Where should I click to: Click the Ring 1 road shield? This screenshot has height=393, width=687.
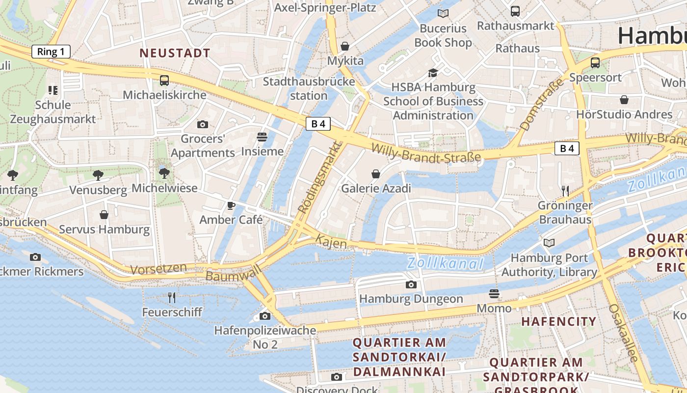51,52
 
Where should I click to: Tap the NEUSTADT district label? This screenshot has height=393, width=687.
175,53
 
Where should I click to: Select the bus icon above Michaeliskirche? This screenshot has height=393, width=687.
164,80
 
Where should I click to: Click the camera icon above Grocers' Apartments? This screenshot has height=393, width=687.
202,124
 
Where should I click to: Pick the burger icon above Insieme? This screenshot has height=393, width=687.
262,137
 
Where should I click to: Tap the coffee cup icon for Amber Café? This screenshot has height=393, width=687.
231,205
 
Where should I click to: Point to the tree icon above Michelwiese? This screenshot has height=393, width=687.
164,173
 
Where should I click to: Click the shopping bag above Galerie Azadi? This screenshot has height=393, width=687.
376,174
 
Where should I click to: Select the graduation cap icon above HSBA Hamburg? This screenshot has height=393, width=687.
433,73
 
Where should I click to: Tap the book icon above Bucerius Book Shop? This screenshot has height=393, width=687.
443,14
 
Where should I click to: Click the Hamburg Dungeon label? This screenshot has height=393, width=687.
411,299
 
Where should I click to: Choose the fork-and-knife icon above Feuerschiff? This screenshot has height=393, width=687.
172,297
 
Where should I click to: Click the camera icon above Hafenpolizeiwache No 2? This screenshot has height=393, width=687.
265,316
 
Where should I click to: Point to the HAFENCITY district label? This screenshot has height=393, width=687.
558,322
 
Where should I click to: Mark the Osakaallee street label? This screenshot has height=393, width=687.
624,333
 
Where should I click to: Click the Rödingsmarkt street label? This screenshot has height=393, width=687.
319,178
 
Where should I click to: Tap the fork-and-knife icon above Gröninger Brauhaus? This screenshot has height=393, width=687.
565,191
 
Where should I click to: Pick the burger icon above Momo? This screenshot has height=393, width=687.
494,294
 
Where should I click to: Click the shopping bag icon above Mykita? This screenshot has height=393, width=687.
345,46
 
